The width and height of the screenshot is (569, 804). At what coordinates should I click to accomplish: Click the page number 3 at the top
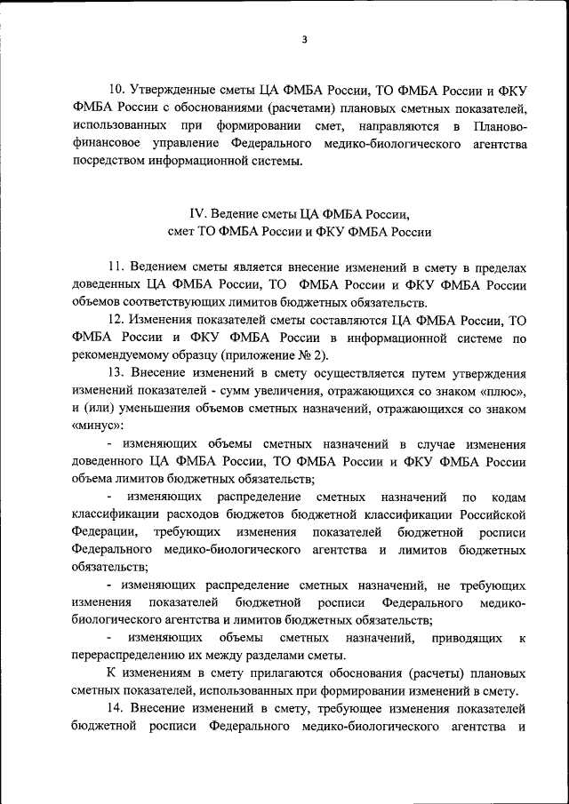point(303,39)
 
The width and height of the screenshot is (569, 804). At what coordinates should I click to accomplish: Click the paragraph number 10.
point(117,90)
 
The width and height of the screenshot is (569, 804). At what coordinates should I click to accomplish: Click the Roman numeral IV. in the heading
point(197,214)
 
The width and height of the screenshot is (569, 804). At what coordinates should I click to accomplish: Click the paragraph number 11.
point(117,267)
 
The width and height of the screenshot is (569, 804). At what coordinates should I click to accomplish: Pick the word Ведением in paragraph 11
point(162,267)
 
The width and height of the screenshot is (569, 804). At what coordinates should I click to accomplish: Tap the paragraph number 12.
point(117,320)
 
